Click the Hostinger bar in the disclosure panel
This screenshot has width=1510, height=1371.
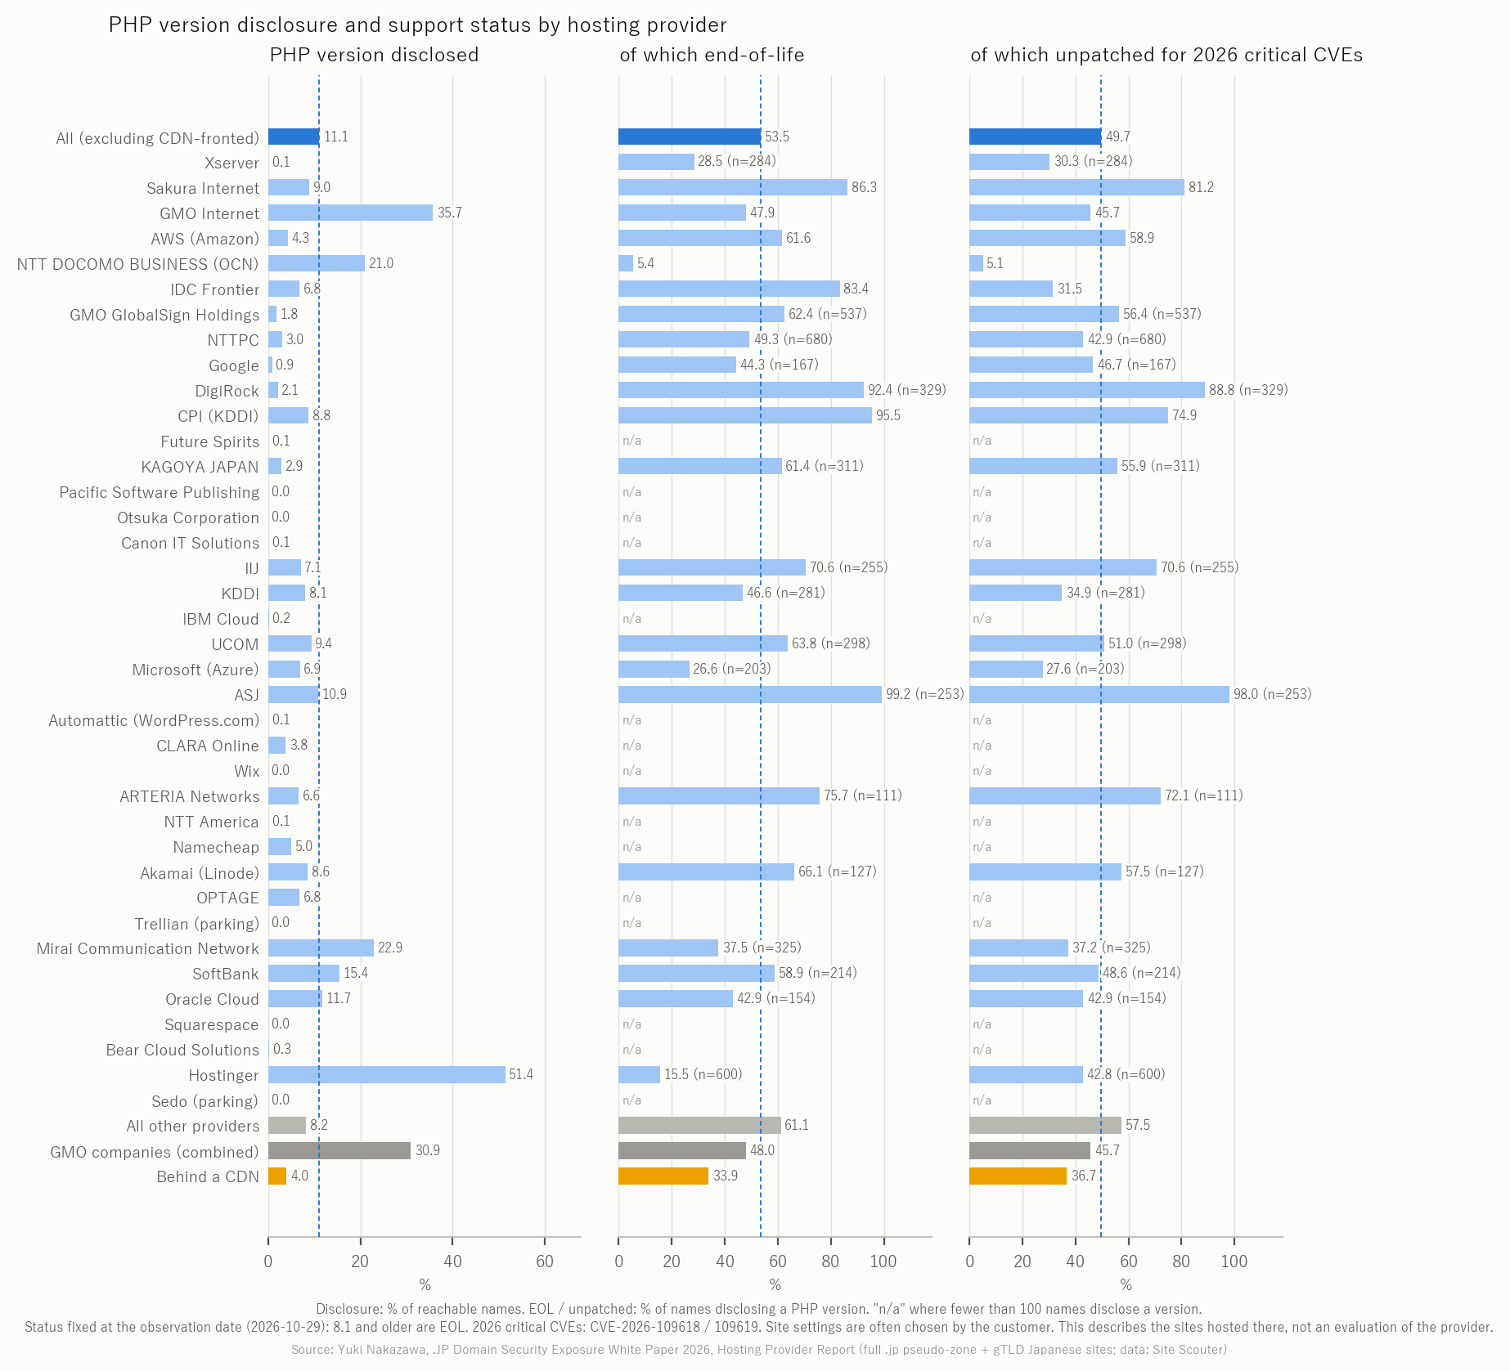click(386, 1074)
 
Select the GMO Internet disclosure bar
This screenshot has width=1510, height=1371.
click(350, 213)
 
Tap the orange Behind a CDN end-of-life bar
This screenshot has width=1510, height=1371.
click(663, 1176)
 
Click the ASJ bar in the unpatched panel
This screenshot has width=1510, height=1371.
click(1099, 694)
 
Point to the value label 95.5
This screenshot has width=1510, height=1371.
click(888, 415)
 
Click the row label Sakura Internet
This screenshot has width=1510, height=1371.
click(203, 188)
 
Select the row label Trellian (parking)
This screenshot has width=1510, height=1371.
click(196, 923)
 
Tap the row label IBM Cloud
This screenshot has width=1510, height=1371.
click(220, 619)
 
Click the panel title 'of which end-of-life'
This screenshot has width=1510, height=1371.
click(712, 55)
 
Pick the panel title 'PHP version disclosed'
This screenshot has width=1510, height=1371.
click(374, 55)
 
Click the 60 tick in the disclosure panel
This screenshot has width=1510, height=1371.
click(545, 1261)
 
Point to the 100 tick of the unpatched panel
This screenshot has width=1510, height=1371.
click(1234, 1261)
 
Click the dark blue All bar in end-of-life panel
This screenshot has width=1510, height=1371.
click(690, 137)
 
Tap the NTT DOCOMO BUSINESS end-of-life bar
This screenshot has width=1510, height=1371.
click(626, 263)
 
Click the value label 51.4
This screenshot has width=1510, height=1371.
click(521, 1074)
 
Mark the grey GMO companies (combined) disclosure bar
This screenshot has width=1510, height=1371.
click(339, 1150)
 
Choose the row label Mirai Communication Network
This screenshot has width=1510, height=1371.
click(147, 948)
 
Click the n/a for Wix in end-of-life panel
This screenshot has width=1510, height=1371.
click(631, 771)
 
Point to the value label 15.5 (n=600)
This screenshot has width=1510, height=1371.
click(703, 1074)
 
